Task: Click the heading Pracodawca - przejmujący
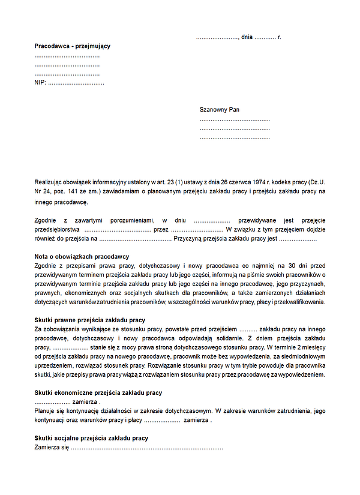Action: tap(73, 46)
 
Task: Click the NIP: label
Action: tap(40, 82)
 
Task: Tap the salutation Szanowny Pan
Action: tap(220, 110)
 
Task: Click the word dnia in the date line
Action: tap(247, 37)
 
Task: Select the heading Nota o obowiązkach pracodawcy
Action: tap(82, 257)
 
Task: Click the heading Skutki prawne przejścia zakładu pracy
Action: tap(90, 320)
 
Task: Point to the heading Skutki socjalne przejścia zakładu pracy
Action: tap(91, 439)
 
